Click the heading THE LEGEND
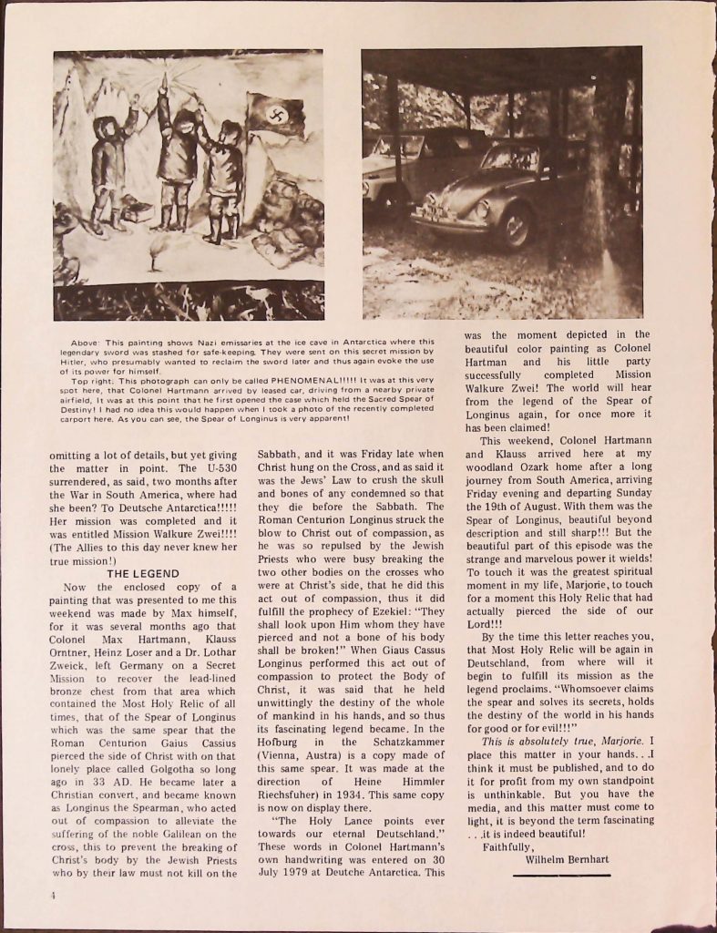click(x=143, y=575)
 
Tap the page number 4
click(x=55, y=895)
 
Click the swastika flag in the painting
click(x=274, y=117)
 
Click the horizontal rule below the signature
click(x=561, y=876)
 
